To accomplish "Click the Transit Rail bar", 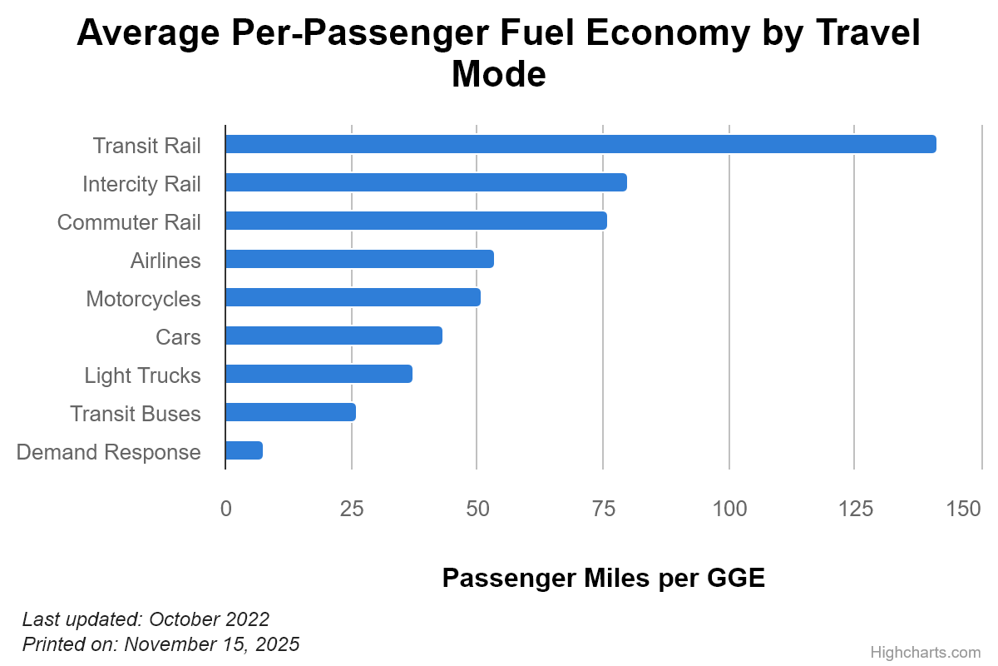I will point(581,144).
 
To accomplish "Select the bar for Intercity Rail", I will point(426,182).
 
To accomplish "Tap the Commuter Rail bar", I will point(416,221).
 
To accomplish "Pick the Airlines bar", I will point(359,259).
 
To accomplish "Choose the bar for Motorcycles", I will point(353,297).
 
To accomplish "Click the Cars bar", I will point(333,335).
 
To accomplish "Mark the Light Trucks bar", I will point(319,374).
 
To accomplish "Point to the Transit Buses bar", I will point(290,412).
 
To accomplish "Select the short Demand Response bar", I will point(244,450).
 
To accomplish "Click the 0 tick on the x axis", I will point(225,509).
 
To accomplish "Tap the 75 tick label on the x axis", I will point(603,509).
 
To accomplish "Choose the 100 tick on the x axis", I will point(729,509).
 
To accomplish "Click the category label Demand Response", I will point(109,452).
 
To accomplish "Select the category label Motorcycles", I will point(143,298).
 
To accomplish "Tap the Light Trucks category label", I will point(142,375).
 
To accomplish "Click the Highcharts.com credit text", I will point(925,652).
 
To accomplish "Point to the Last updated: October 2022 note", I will point(146,619).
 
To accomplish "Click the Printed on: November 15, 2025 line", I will point(161,644).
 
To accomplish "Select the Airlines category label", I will point(166,261).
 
